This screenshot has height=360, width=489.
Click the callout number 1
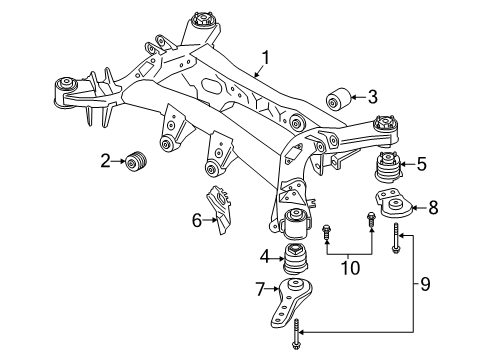(265, 57)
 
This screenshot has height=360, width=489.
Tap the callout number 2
(105, 159)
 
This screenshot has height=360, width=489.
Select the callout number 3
(372, 97)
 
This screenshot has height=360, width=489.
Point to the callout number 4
(265, 257)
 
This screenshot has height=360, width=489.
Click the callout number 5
(421, 164)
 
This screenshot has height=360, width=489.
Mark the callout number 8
(433, 208)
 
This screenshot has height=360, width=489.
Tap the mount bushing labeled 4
(297, 263)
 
